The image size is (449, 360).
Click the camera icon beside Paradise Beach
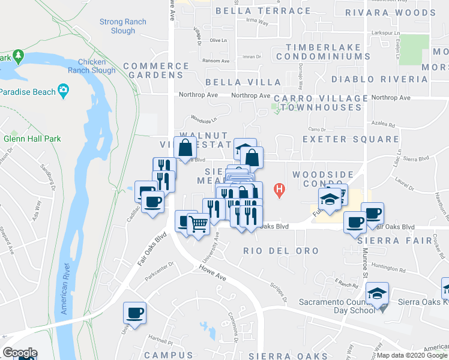coord(63,91)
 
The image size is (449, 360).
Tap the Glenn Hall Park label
coord(32,139)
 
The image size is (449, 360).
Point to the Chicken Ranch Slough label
coord(96,66)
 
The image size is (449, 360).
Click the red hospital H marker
coord(279,191)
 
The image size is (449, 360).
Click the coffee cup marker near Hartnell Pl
coord(134,313)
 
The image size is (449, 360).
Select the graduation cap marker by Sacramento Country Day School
coord(378,293)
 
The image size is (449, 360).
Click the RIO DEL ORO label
coord(281,250)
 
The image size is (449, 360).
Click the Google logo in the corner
coord(20,353)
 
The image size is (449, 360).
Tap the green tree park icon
coord(18,57)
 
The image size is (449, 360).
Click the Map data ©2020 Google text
coord(412,355)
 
